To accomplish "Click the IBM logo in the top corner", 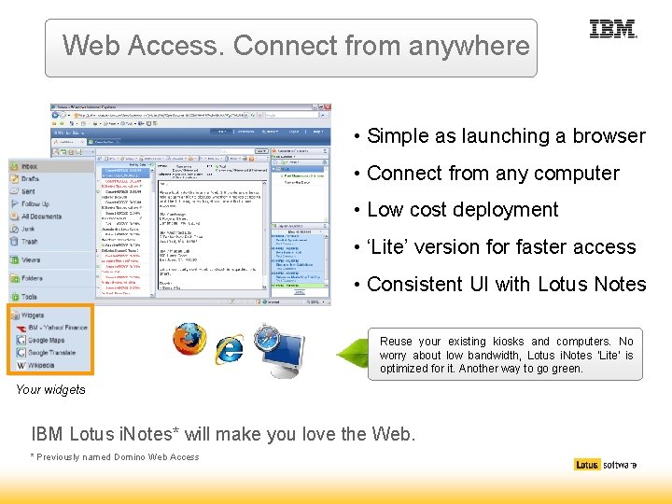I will coord(613,30).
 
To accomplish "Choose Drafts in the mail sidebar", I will coord(31,178).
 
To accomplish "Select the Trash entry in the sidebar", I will coord(30,241).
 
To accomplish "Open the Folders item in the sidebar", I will coord(33,278).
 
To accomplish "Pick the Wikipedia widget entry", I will coord(42,366).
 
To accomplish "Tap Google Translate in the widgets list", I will coord(51,353).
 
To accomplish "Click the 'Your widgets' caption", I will coord(50,390).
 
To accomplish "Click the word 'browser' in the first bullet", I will coord(606,136).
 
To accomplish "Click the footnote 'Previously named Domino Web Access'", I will coord(118,456).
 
